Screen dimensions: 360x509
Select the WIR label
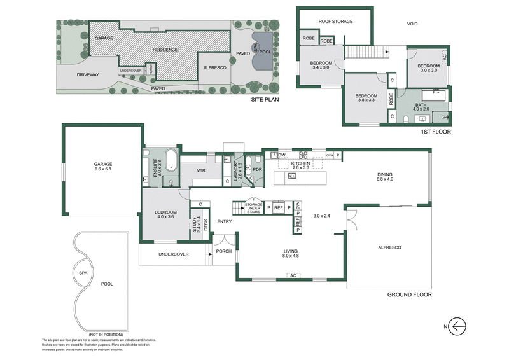click(x=201, y=170)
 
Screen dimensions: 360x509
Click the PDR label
click(x=258, y=170)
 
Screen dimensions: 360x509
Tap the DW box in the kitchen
click(x=281, y=155)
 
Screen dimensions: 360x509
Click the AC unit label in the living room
click(x=293, y=275)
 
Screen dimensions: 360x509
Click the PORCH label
click(x=223, y=251)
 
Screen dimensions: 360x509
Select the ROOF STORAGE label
click(x=335, y=21)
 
